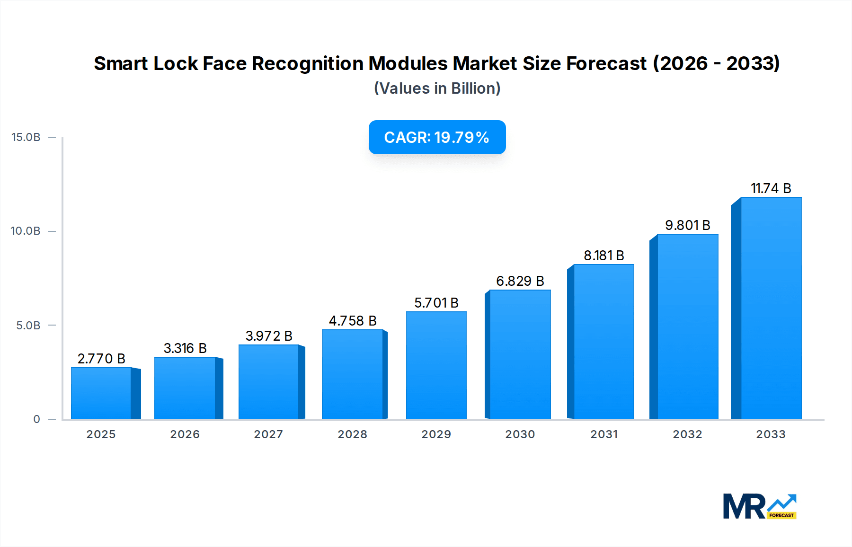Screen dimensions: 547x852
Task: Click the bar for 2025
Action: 101,393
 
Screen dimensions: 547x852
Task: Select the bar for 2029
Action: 436,365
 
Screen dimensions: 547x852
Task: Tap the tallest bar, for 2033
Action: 771,308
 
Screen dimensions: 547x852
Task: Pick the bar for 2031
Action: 603,342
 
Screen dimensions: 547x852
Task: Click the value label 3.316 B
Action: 185,348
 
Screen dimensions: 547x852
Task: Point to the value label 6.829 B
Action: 520,281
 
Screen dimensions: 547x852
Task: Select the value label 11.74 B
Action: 771,188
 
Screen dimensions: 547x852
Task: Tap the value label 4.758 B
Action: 353,321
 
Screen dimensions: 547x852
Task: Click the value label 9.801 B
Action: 687,225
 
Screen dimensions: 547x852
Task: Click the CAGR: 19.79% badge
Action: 437,137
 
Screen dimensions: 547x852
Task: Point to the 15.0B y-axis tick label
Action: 26,137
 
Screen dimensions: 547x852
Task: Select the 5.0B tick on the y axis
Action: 28,326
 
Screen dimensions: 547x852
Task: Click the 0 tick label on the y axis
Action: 36,419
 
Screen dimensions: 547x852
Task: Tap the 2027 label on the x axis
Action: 268,434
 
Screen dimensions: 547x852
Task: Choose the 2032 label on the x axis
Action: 687,434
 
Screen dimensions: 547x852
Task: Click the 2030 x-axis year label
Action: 520,434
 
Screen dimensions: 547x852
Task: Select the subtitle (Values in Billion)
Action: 437,88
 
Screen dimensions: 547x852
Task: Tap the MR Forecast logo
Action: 759,506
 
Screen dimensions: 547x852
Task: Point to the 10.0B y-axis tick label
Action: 26,231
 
